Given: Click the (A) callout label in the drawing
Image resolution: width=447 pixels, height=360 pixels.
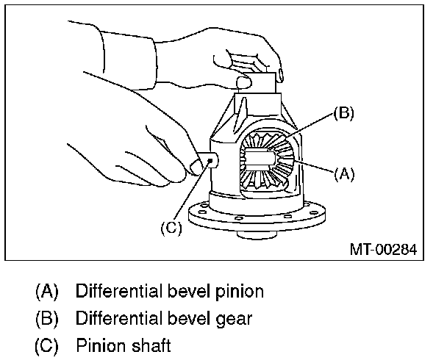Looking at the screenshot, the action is tap(345, 174).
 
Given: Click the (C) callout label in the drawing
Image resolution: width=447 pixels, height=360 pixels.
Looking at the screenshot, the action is tap(171, 228).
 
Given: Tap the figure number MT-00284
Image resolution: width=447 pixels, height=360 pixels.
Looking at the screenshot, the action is tap(382, 249).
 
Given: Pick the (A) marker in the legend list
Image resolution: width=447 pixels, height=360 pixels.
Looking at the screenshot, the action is tap(48, 291).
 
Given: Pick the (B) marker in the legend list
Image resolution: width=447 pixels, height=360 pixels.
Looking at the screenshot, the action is tap(48, 318).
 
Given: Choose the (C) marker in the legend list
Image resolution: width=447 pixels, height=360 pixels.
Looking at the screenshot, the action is tap(48, 345).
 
